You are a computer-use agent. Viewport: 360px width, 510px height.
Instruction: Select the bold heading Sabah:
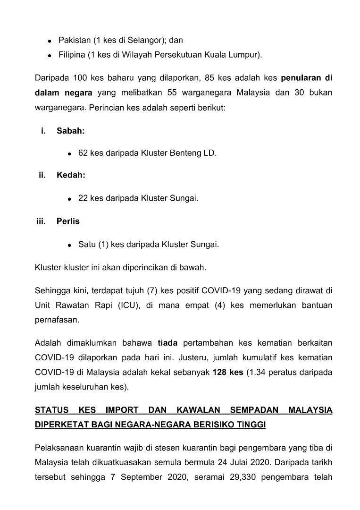(71, 131)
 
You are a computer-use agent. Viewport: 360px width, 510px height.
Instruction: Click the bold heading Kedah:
(71, 175)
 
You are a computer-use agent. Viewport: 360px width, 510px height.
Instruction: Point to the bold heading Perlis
(68, 221)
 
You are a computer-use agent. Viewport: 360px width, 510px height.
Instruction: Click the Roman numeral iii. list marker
(41, 221)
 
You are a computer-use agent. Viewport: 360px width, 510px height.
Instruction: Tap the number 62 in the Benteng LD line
(83, 153)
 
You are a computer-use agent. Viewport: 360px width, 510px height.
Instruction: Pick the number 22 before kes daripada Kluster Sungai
(83, 198)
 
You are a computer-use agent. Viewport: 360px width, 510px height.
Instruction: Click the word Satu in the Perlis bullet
(86, 244)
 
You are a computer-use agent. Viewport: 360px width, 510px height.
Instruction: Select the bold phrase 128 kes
(228, 372)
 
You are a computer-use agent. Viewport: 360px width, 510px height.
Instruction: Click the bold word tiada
(167, 342)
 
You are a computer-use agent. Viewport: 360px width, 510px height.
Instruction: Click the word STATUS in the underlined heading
(51, 410)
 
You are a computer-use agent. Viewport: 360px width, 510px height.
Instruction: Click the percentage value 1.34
(260, 372)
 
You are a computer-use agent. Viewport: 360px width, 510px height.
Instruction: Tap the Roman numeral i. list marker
(43, 131)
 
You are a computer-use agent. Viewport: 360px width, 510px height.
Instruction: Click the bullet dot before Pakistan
(50, 42)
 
